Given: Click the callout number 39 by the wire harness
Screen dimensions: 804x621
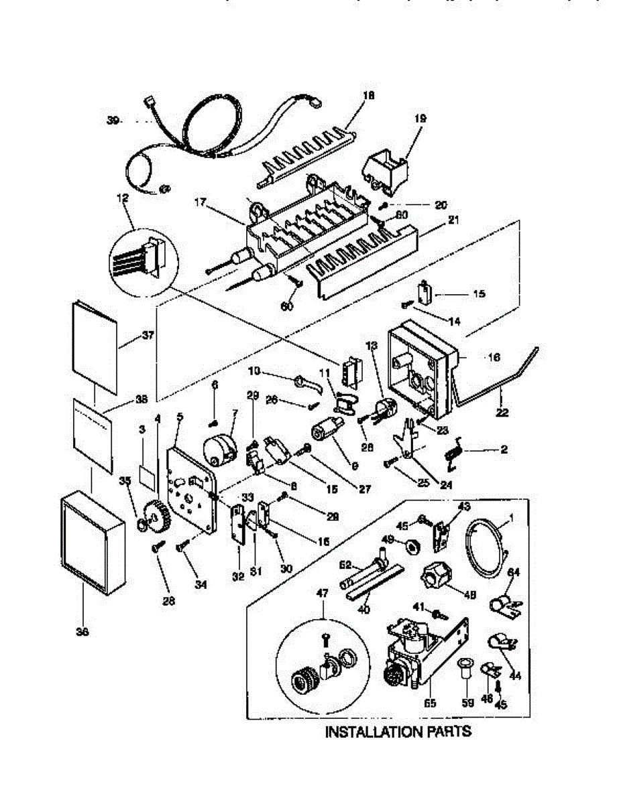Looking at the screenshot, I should point(113,121).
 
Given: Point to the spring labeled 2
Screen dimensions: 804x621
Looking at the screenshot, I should point(455,452).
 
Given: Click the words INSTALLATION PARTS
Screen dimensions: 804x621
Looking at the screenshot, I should point(398,731).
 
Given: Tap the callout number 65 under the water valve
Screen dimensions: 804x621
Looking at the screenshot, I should point(430,703).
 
